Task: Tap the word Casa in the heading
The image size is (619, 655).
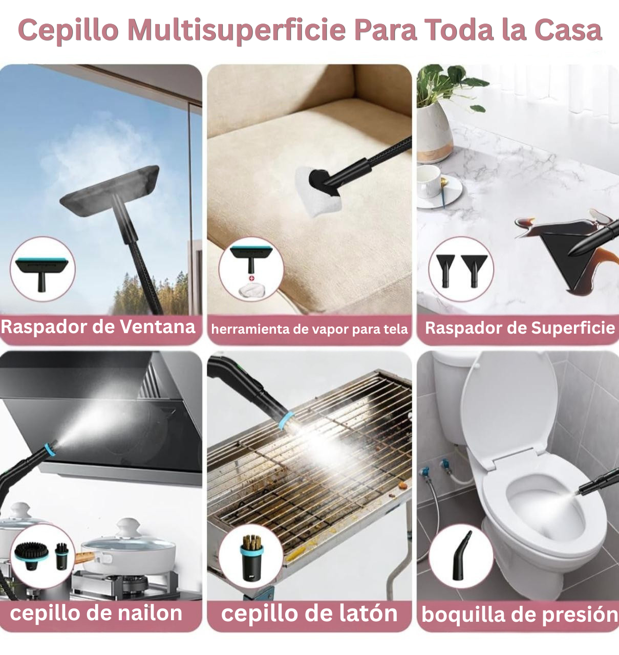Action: pos(568,30)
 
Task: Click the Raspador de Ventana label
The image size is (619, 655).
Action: pos(98,326)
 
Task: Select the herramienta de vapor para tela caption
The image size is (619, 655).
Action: pos(309,329)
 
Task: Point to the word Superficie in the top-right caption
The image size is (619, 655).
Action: pos(572,327)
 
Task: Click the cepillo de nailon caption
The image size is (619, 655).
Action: pos(96,613)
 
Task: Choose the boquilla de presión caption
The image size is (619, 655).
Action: pos(518,614)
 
